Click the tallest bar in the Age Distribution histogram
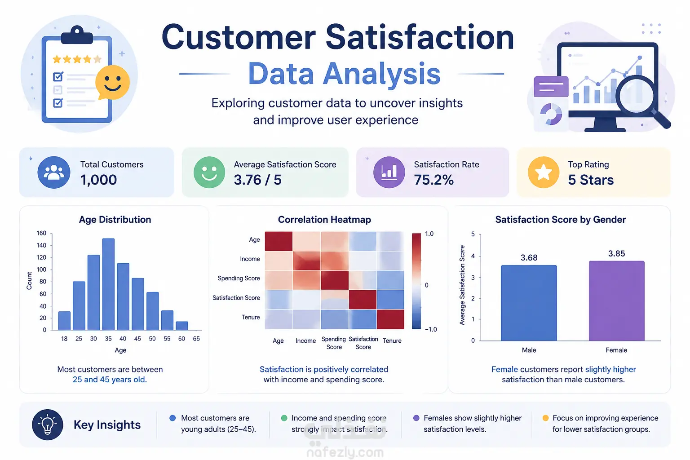pos(108,284)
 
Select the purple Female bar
pos(616,301)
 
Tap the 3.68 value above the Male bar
pos(529,257)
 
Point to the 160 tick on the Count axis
pos(41,233)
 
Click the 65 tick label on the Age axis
pos(196,339)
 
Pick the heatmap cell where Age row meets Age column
pos(279,241)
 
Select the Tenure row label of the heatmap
pos(250,317)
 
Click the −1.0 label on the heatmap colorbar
pos(431,329)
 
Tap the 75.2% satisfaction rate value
pos(433,180)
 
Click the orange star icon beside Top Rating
pos(544,172)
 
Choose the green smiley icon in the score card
pos(209,172)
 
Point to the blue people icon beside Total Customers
pos(54,172)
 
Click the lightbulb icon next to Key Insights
pos(48,425)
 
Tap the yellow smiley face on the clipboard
pos(112,82)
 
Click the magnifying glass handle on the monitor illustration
pos(662,119)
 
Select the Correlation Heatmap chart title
pos(324,219)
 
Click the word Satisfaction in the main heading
pos(420,37)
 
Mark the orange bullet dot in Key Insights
pos(545,418)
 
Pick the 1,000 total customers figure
pos(98,180)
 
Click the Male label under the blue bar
pos(529,350)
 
